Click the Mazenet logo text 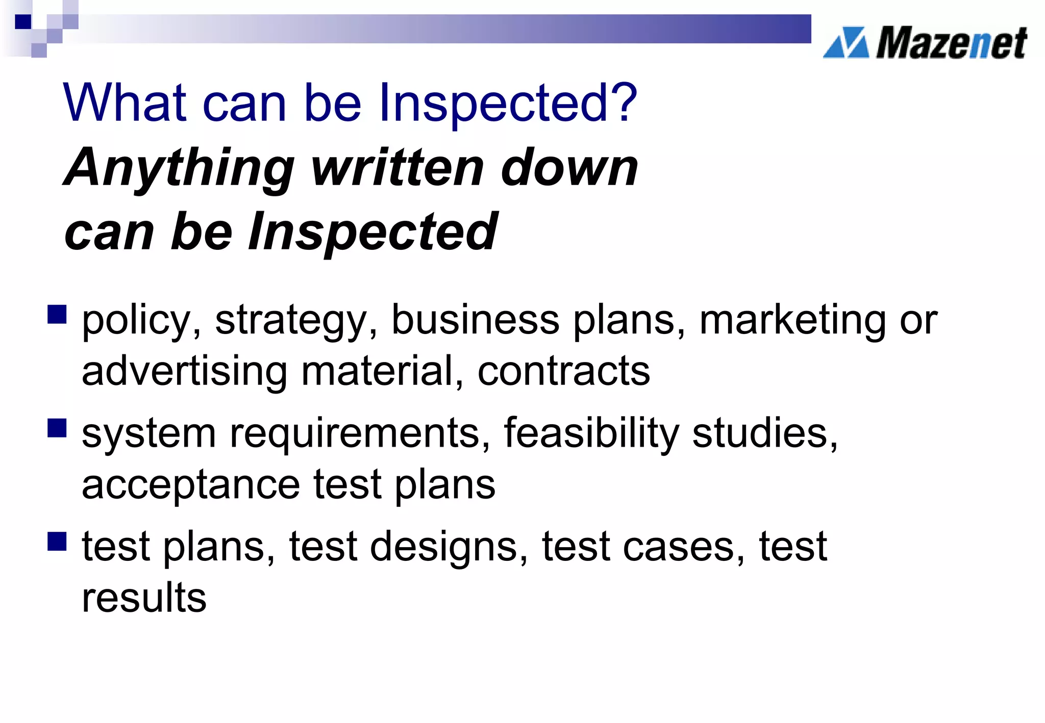[951, 43]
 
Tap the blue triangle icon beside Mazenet [846, 43]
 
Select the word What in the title [125, 103]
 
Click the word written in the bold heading [398, 168]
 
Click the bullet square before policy [57, 315]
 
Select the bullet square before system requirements [57, 428]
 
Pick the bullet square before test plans [57, 541]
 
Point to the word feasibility [591, 433]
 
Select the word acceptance [191, 485]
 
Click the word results [144, 598]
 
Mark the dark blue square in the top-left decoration [23, 21]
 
